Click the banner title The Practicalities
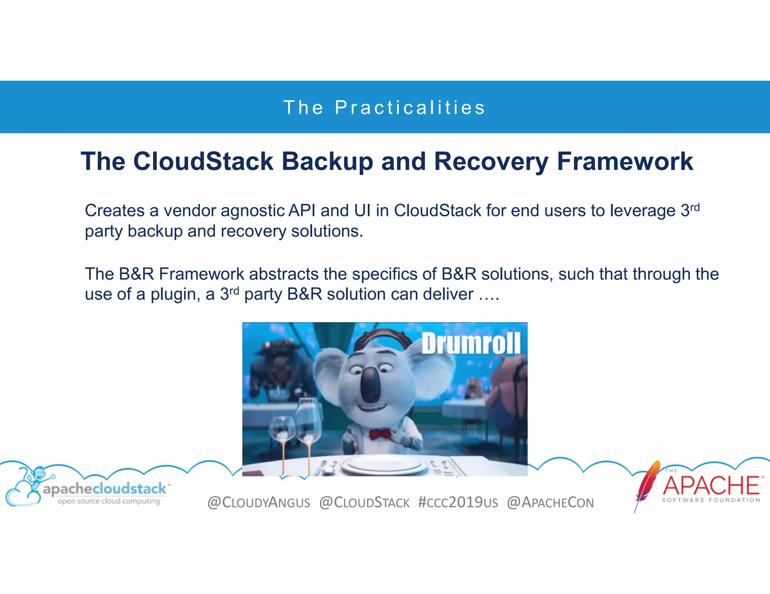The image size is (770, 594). click(x=384, y=108)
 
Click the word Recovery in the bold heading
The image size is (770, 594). click(x=491, y=162)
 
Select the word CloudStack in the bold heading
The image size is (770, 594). click(x=203, y=162)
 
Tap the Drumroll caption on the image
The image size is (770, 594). click(x=471, y=344)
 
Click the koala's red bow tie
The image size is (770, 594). click(x=380, y=435)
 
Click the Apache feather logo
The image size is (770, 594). click(x=647, y=484)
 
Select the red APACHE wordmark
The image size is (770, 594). click(x=711, y=485)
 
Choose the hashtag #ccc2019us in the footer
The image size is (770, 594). click(x=458, y=502)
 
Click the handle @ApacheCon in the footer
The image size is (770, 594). click(x=550, y=502)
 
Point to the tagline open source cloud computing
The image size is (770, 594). click(x=109, y=501)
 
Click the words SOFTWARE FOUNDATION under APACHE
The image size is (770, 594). click(x=711, y=500)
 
